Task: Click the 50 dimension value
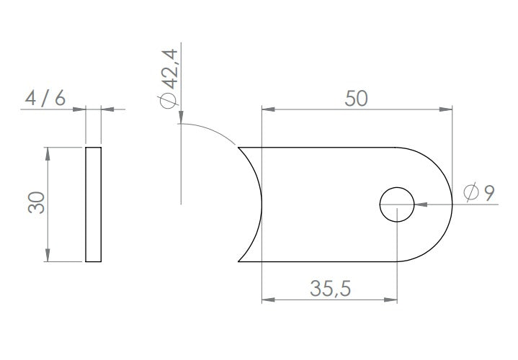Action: (x=356, y=99)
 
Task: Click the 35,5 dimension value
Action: (x=331, y=289)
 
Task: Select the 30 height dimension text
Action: (x=36, y=203)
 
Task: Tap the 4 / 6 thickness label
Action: (x=45, y=99)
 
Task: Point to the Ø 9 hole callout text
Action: (x=479, y=192)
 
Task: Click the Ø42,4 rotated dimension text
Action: (x=169, y=78)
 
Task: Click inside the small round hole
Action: (x=397, y=204)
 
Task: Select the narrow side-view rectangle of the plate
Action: (x=93, y=204)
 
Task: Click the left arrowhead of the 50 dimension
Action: (x=268, y=109)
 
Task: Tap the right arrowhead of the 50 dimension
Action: (x=446, y=109)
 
